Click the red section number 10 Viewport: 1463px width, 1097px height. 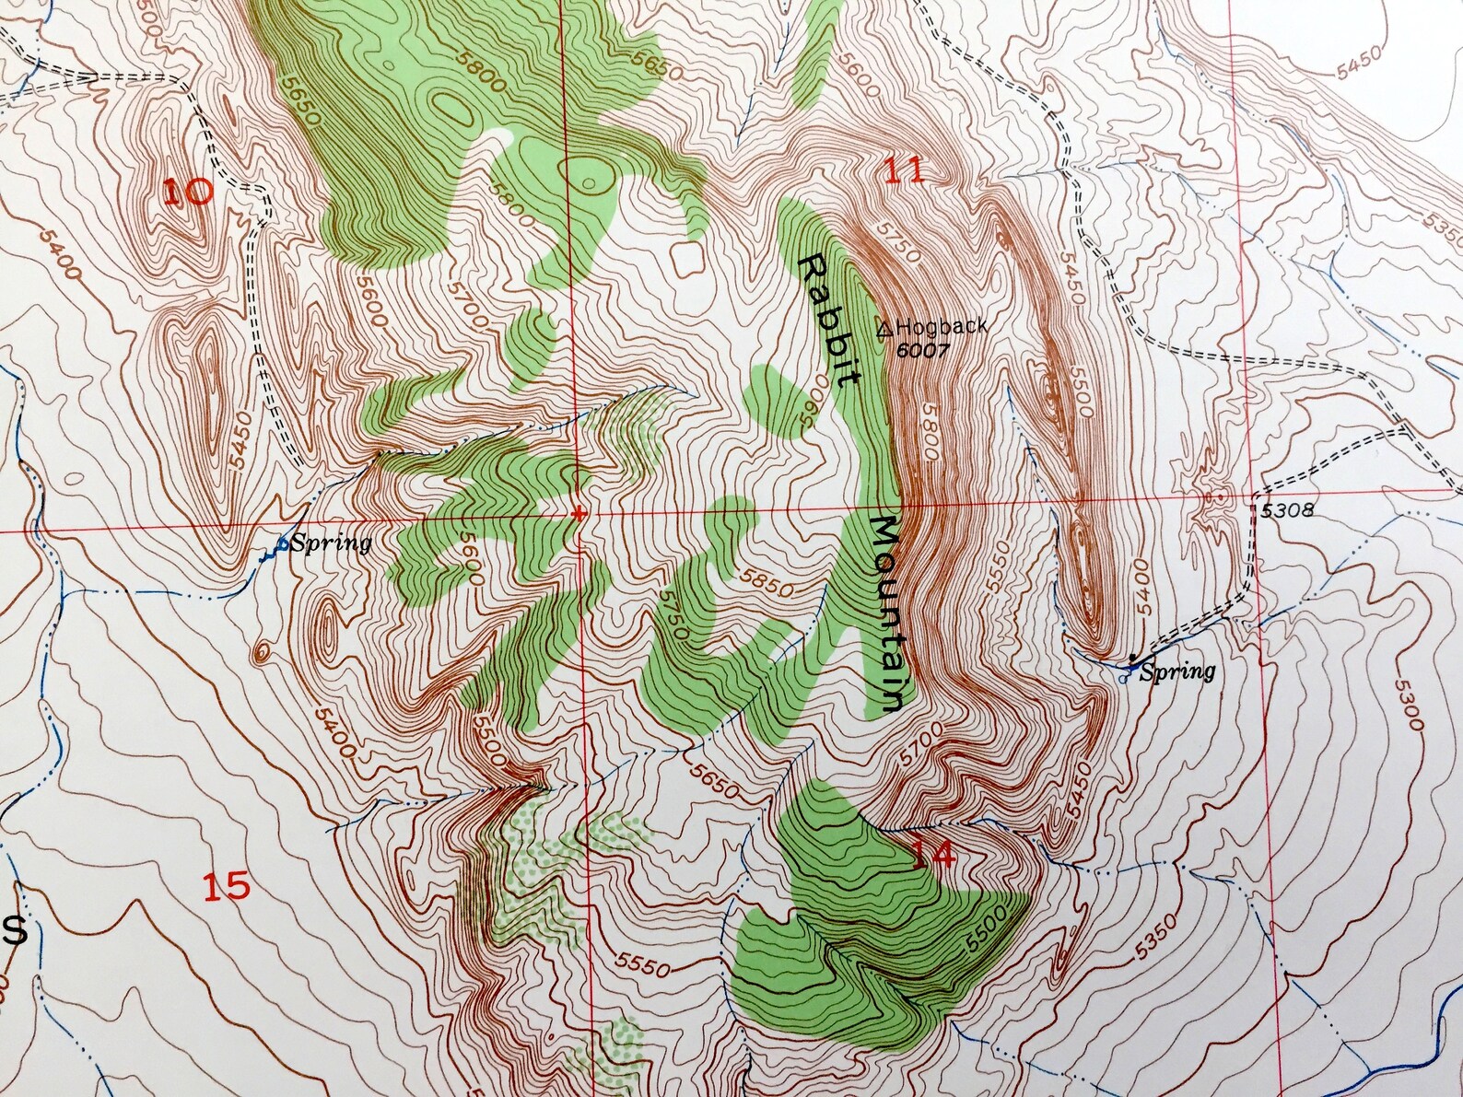coord(189,192)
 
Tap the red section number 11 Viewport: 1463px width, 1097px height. coord(904,171)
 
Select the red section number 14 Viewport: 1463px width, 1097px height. coord(934,856)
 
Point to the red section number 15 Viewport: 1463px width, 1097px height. coord(226,886)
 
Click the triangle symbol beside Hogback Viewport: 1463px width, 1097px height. coord(884,327)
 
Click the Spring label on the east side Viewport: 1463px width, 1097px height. coord(1177,671)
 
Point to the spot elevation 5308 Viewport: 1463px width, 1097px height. coord(1282,509)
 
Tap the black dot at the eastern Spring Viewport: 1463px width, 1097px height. coord(1132,657)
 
